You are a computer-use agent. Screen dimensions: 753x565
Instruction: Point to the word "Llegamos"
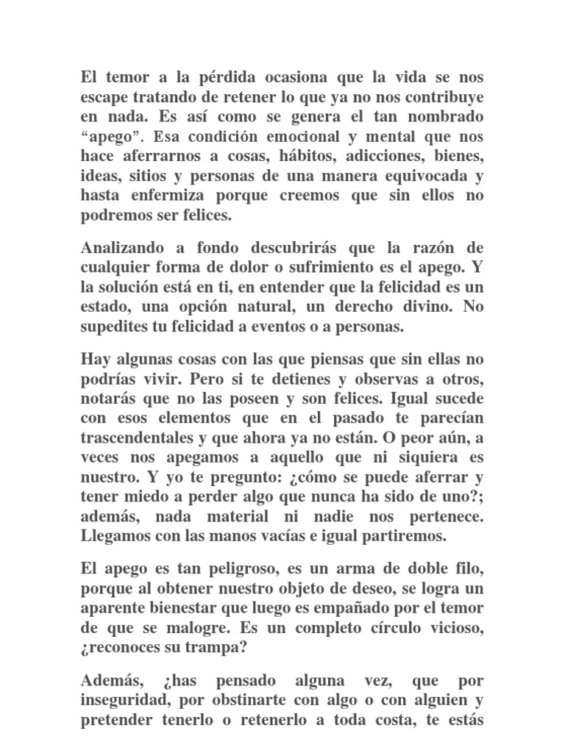click(x=113, y=536)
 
